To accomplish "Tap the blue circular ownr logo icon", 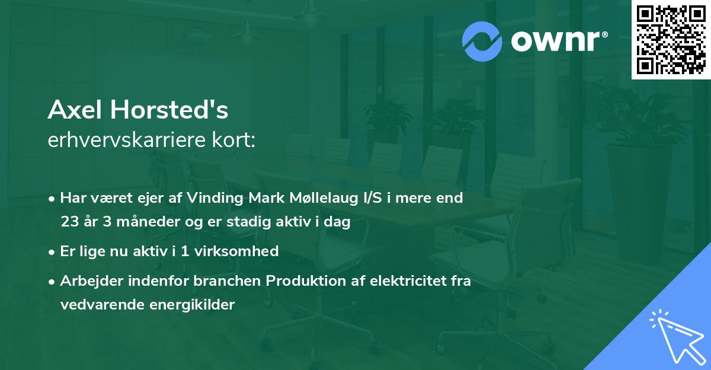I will click(x=482, y=42).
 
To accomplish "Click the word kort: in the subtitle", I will click(x=235, y=140).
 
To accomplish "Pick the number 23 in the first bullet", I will click(x=68, y=222).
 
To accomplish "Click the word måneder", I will click(x=136, y=222).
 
